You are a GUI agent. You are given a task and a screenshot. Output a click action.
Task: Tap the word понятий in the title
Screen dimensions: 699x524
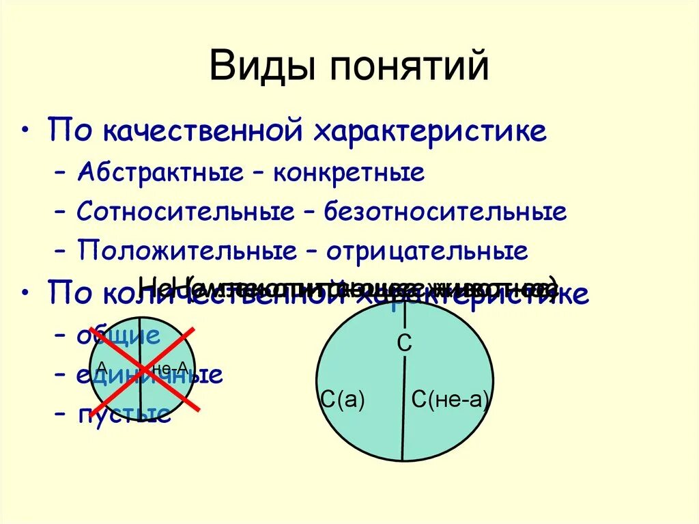pyautogui.click(x=410, y=67)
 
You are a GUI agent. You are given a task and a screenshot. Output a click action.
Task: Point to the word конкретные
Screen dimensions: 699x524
pyautogui.click(x=349, y=171)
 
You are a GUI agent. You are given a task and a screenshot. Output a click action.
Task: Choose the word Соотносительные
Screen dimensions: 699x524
pyautogui.click(x=184, y=211)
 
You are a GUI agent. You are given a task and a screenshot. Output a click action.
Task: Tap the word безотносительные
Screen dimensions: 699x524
pyautogui.click(x=446, y=211)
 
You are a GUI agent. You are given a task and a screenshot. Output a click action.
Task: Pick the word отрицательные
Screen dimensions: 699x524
pyautogui.click(x=427, y=251)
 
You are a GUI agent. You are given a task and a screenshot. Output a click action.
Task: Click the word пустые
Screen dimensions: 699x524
pyautogui.click(x=124, y=414)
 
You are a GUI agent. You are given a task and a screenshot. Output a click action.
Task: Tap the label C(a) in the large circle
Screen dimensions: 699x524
pyautogui.click(x=342, y=400)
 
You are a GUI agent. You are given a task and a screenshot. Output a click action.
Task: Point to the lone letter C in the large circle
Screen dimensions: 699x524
pyautogui.click(x=405, y=344)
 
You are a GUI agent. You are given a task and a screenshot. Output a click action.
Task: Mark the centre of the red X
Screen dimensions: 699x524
pyautogui.click(x=143, y=369)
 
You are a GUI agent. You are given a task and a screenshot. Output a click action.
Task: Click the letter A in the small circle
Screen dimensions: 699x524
pyautogui.click(x=102, y=366)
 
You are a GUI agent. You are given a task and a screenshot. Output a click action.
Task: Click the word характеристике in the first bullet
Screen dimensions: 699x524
pyautogui.click(x=430, y=130)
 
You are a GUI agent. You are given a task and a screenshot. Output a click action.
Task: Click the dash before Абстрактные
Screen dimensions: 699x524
pyautogui.click(x=62, y=172)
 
